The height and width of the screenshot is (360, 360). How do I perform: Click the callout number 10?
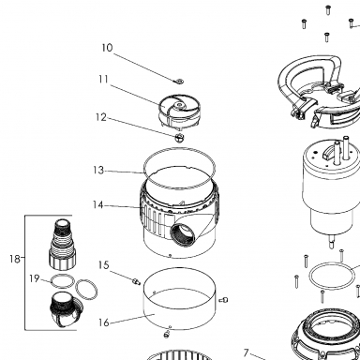(x=107, y=48)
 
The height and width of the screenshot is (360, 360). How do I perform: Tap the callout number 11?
(x=103, y=80)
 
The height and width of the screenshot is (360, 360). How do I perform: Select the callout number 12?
(x=101, y=117)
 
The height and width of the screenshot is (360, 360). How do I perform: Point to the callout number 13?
(x=98, y=171)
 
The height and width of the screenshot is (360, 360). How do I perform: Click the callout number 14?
(x=97, y=205)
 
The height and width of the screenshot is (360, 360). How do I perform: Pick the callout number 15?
(x=103, y=265)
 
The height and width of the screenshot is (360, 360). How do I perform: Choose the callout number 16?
(x=104, y=322)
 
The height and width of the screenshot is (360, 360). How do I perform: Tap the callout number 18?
(x=15, y=259)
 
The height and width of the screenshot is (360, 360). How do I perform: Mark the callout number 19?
(x=35, y=278)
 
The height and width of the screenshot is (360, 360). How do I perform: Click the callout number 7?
(x=247, y=352)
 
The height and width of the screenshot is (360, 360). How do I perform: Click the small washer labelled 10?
(x=179, y=82)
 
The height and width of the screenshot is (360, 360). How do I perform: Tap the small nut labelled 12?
(x=179, y=137)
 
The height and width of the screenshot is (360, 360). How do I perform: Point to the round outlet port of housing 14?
(x=183, y=233)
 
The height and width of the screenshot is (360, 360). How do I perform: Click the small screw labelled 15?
(x=136, y=281)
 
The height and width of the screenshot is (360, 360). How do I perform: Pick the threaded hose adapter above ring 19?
(x=63, y=245)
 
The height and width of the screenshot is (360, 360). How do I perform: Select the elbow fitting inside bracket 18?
(x=67, y=309)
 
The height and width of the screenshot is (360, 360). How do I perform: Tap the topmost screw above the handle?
(x=328, y=10)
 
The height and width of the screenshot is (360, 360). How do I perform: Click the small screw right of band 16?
(x=224, y=300)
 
